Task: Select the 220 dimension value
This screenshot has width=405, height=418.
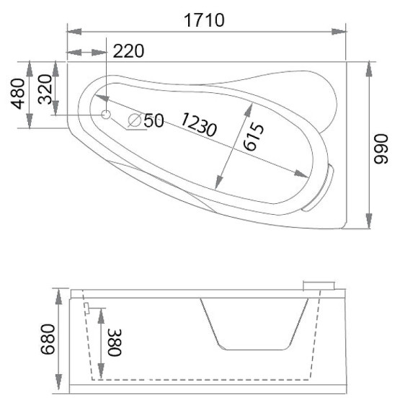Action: coord(129,51)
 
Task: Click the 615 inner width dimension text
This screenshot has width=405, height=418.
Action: coord(253,137)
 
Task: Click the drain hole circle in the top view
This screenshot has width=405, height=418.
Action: coord(106,115)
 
